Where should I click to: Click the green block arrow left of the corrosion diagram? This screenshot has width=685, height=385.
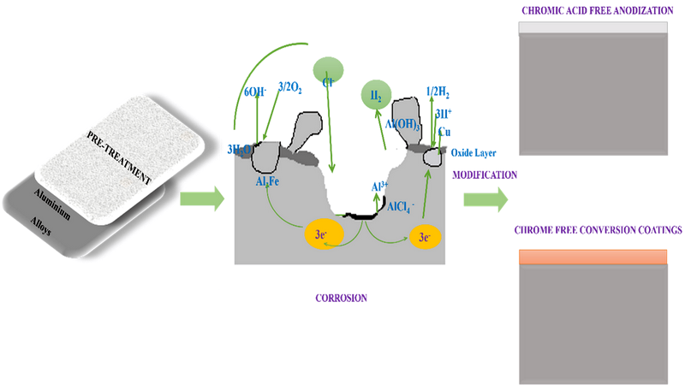201,201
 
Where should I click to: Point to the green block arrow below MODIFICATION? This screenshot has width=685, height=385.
485,200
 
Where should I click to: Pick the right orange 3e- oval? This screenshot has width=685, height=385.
425,236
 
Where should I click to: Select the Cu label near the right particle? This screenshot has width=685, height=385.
444,133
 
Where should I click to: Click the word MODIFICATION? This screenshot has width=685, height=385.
485,175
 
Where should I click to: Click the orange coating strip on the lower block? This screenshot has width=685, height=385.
593,257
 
